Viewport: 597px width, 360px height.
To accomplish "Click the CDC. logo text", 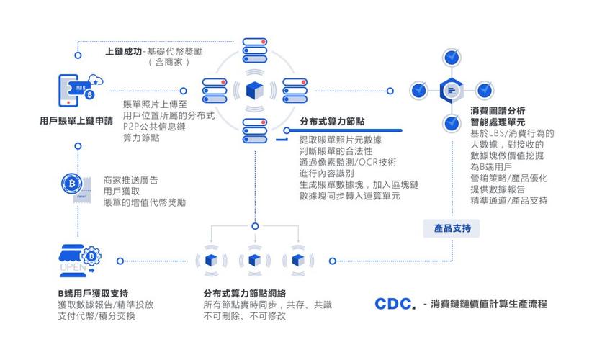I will (x=395, y=304).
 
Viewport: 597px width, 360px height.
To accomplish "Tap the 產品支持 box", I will (x=452, y=228).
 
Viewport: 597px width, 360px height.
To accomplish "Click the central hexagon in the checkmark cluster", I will (x=452, y=90).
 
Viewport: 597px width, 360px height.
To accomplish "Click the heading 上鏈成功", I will (x=123, y=51).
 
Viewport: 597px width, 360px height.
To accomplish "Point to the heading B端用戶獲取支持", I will (x=93, y=293).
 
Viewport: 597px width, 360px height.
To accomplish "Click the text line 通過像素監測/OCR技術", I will (x=347, y=162).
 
